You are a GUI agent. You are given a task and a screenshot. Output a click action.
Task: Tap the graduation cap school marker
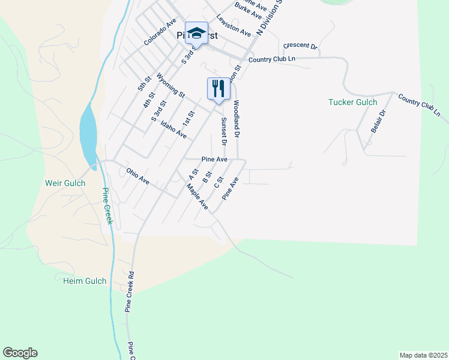click(x=196, y=33)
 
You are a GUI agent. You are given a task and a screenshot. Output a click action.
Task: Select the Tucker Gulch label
click(x=352, y=102)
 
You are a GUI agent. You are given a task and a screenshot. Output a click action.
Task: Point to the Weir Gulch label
click(x=65, y=183)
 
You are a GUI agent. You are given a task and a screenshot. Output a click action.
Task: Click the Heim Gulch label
click(x=85, y=280)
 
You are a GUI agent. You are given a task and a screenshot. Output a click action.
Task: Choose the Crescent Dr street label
click(x=300, y=46)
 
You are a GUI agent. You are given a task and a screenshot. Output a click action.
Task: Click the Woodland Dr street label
click(x=237, y=119)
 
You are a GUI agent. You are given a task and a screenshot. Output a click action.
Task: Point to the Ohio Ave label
click(x=137, y=175)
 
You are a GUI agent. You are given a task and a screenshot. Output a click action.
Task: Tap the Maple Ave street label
click(x=196, y=197)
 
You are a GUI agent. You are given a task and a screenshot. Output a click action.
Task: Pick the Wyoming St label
click(x=170, y=85)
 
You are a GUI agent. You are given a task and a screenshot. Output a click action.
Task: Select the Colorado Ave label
click(x=160, y=31)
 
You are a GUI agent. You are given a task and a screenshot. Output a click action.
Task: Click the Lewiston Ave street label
click(x=234, y=26)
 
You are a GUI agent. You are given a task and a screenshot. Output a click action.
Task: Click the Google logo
click(x=20, y=353)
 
